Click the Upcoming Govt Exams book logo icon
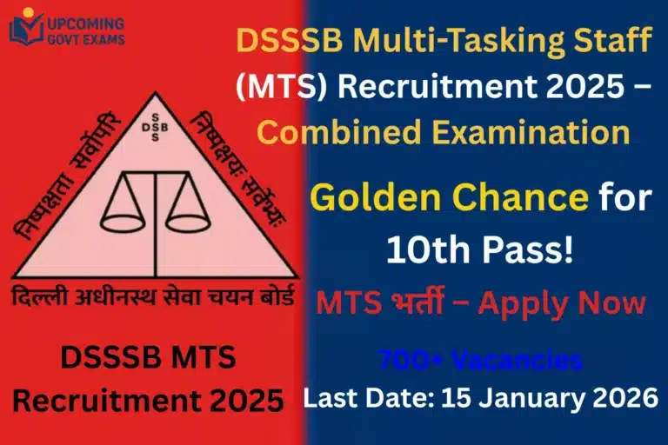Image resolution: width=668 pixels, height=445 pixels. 24,29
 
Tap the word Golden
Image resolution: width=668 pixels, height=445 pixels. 366,198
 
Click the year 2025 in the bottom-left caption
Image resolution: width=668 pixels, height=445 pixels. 247,402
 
